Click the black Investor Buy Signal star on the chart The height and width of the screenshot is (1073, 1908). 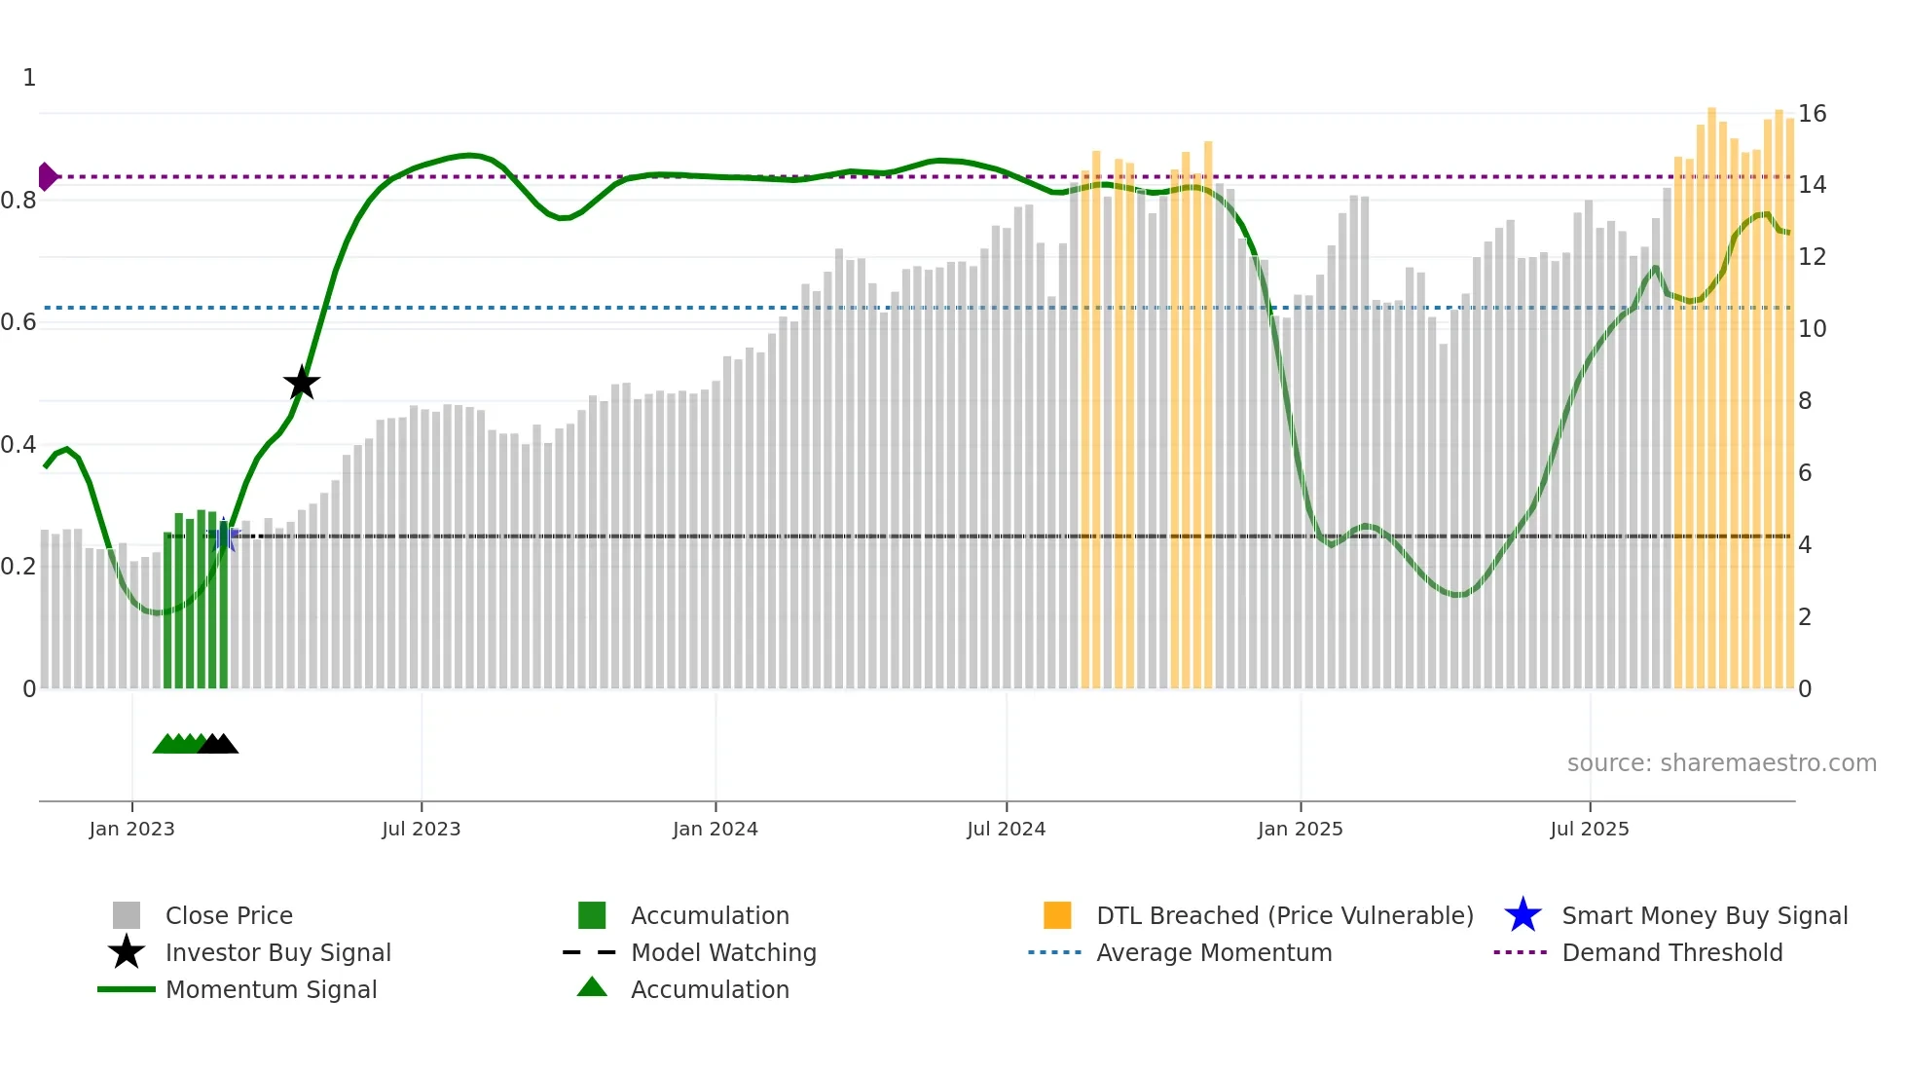pos(302,383)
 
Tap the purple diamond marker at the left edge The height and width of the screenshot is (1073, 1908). pos(47,176)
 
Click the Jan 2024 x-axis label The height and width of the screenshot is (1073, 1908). pos(715,829)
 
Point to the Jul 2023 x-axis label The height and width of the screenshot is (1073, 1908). pos(421,829)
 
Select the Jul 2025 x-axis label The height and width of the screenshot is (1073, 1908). pos(1589,829)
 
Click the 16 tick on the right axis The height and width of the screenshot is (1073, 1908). pos(1812,114)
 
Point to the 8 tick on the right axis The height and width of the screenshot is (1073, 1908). pos(1805,401)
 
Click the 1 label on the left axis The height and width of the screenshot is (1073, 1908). pos(29,78)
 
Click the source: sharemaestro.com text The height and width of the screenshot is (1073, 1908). pos(1721,763)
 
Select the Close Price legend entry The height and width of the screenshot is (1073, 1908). pos(229,915)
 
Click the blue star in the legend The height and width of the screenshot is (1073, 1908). pos(1523,915)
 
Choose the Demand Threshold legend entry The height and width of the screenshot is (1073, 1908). pos(1671,952)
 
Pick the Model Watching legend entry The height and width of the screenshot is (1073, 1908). pos(722,952)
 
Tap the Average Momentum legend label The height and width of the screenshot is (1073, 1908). pos(1214,952)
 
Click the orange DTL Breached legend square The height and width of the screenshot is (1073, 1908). pos(1057,915)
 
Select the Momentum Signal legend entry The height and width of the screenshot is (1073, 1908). pos(271,989)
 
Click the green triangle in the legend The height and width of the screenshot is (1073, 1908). pos(592,987)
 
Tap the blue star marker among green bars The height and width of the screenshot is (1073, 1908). pos(224,534)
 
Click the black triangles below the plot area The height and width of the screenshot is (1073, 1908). pos(218,745)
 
